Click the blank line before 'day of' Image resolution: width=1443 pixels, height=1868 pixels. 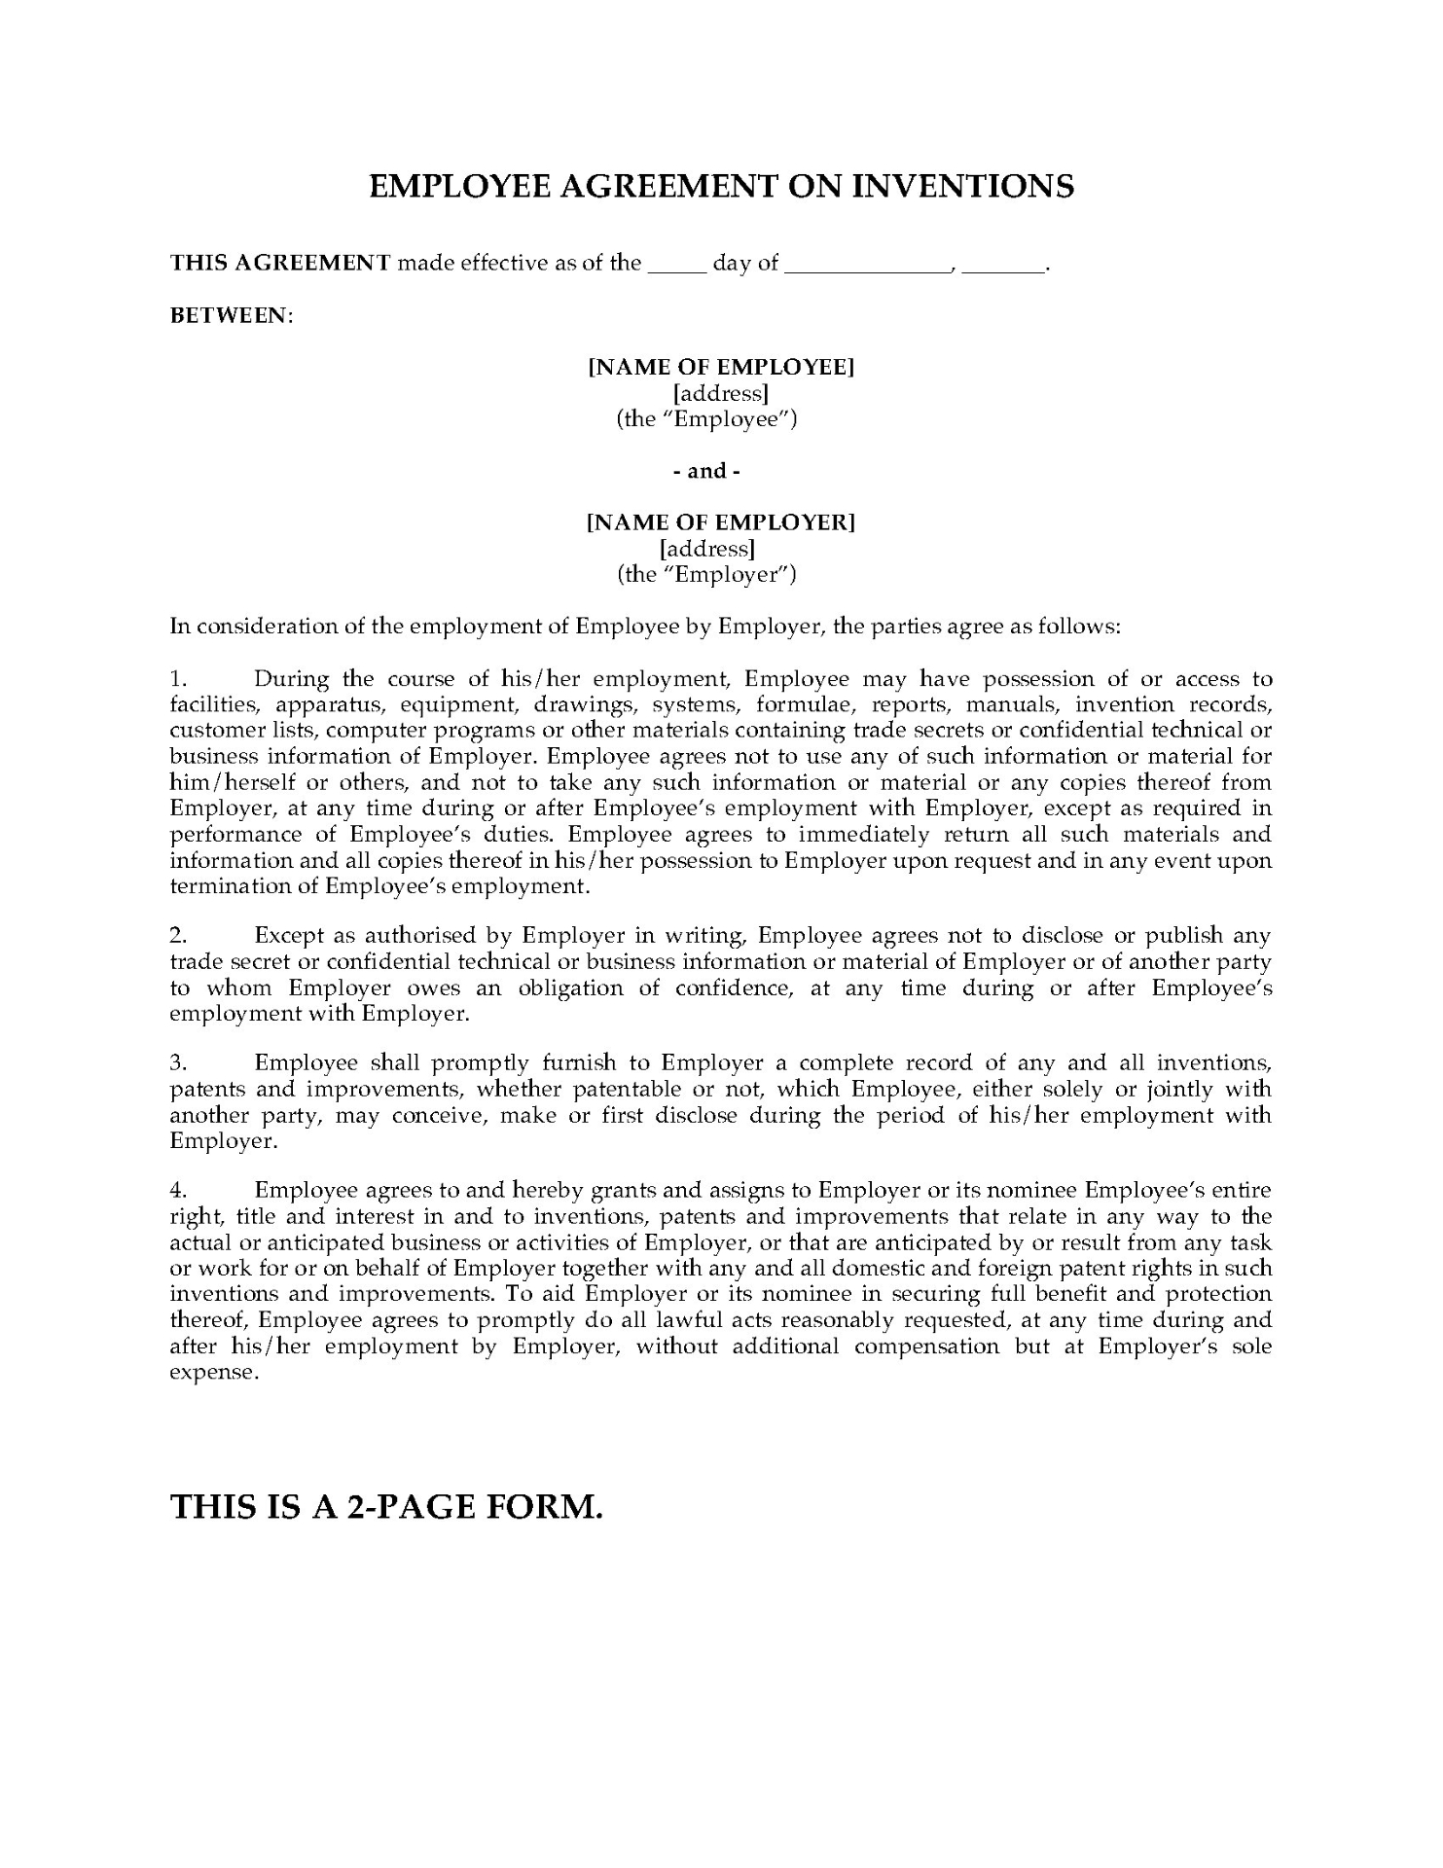(676, 265)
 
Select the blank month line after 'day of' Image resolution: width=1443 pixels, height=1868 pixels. (867, 265)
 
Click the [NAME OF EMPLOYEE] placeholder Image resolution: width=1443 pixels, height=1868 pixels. (721, 367)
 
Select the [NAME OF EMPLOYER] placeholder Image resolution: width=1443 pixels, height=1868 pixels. (721, 522)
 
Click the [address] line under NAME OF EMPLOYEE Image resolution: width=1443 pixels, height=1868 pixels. (721, 393)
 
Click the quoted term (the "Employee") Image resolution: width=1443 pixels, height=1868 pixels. (706, 419)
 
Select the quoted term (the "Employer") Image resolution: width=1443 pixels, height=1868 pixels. (706, 574)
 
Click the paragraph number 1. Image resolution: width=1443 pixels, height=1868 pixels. (178, 679)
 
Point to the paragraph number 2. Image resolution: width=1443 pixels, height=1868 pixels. (178, 936)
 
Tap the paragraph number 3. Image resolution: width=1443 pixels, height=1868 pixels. (178, 1063)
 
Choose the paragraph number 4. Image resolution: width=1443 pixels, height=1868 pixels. (178, 1191)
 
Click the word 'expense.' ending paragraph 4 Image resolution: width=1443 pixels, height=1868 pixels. (214, 1373)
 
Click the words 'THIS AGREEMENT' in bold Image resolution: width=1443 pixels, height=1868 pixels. (280, 263)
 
